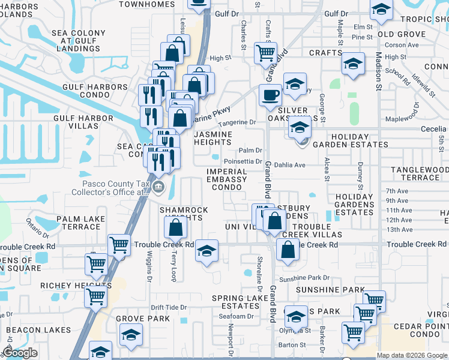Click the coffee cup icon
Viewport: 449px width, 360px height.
[270, 95]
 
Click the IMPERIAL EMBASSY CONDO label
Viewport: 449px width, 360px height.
[227, 179]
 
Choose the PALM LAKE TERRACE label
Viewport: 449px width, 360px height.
[78, 223]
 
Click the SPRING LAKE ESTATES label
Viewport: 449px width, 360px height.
[243, 302]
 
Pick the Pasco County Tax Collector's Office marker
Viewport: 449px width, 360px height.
[158, 187]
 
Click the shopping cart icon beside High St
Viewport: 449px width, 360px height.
[265, 53]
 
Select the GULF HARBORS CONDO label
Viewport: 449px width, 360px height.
[91, 91]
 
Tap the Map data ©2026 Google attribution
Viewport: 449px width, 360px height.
[412, 355]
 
